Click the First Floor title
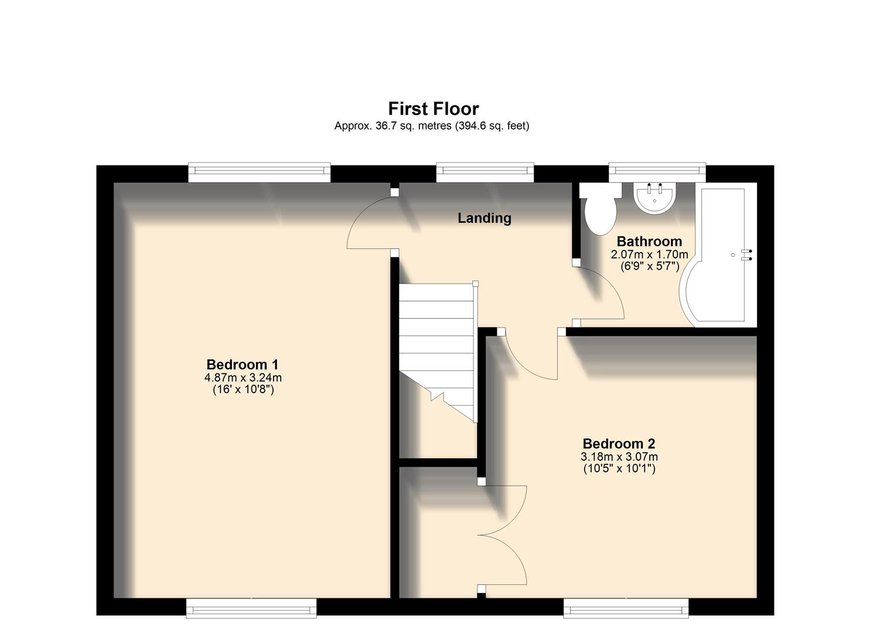point(434,109)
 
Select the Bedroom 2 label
point(619,444)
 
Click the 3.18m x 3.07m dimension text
point(619,457)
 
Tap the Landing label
point(484,218)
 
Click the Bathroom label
point(649,241)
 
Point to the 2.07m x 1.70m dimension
point(649,254)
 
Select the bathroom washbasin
point(656,198)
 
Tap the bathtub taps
point(746,254)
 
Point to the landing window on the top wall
point(485,171)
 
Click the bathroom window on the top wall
point(657,171)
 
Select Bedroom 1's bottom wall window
point(251,609)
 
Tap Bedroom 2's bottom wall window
point(626,609)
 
